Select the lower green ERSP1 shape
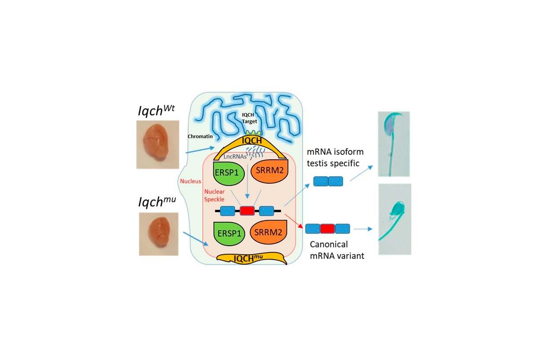(229, 234)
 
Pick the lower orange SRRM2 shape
(269, 233)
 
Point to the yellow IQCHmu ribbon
(252, 258)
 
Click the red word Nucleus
(191, 182)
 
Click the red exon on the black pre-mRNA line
(247, 211)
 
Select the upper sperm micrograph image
(394, 144)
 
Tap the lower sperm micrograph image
(395, 219)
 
